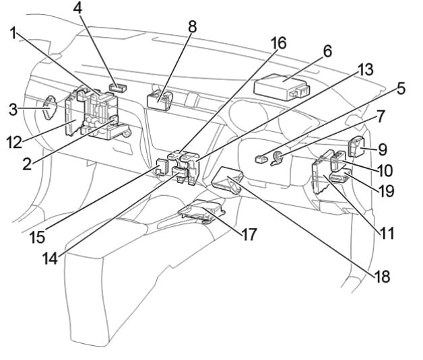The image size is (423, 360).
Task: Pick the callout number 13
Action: [365, 69]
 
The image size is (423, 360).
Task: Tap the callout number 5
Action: [401, 88]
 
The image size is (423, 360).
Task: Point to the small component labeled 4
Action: [119, 87]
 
